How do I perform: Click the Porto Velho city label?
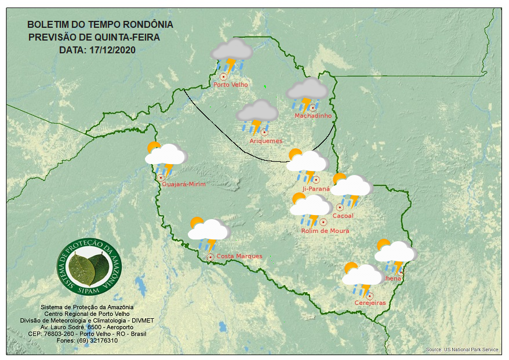click(x=231, y=85)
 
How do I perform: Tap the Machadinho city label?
click(x=313, y=116)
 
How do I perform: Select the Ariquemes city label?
click(x=266, y=141)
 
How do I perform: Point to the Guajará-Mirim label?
click(x=184, y=184)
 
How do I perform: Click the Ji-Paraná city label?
click(x=316, y=189)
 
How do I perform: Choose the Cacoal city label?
click(x=343, y=216)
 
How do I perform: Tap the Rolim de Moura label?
click(x=325, y=231)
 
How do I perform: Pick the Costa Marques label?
click(x=239, y=256)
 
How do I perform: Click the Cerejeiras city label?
click(x=370, y=303)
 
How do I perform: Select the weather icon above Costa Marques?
click(x=208, y=232)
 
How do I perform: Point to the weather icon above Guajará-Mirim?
click(x=165, y=157)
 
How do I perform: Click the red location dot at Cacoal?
click(x=340, y=207)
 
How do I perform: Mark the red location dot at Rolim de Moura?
click(x=323, y=221)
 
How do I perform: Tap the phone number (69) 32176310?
click(x=96, y=340)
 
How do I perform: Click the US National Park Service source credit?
click(x=462, y=350)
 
